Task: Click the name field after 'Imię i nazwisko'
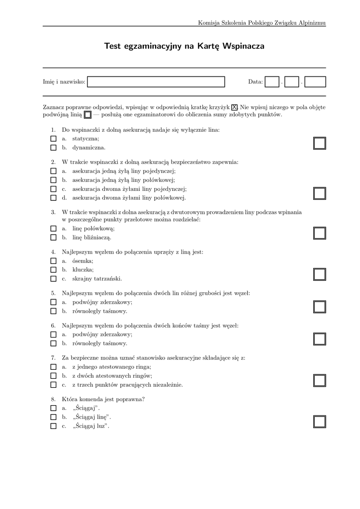click(x=156, y=82)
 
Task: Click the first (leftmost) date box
click(x=272, y=82)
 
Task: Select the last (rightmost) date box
click(x=315, y=82)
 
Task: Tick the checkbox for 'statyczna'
click(x=53, y=139)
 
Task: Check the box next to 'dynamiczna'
click(x=53, y=148)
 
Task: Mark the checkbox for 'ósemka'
click(x=53, y=261)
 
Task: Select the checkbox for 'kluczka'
click(x=53, y=270)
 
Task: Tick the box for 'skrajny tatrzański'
click(x=53, y=279)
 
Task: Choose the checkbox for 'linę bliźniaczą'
click(x=53, y=238)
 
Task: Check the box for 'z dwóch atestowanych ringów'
click(x=53, y=376)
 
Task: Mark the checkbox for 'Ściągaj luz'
click(x=53, y=426)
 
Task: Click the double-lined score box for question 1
click(x=320, y=143)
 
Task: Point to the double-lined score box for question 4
click(x=320, y=274)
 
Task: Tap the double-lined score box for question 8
click(x=320, y=422)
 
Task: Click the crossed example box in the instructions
click(x=235, y=107)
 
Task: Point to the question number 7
click(x=53, y=358)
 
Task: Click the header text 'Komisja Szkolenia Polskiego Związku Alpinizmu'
click(x=262, y=23)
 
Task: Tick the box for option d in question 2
click(x=53, y=198)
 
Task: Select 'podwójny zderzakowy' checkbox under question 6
click(x=53, y=335)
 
